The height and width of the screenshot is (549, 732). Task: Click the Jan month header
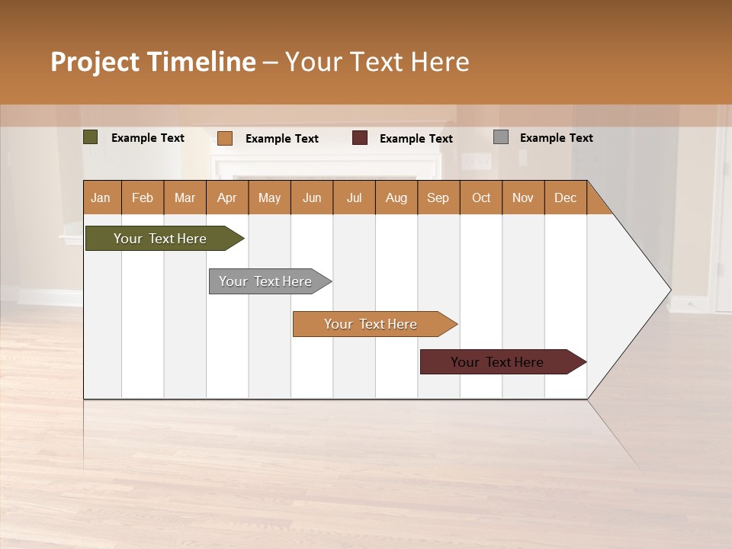pos(101,198)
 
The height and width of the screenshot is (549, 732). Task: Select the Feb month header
pos(143,198)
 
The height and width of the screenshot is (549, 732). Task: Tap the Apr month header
pos(227,198)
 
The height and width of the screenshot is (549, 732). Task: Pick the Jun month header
pos(312,198)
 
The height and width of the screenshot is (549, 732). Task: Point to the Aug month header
pos(396,198)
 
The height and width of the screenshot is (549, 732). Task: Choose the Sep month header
pos(438,198)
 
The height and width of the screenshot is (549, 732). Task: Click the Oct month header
pos(481,198)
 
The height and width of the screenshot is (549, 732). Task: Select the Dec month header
pos(566,198)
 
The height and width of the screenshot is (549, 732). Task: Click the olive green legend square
pos(91,137)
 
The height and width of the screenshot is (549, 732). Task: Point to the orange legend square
pos(225,138)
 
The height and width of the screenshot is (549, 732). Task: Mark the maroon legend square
pos(360,138)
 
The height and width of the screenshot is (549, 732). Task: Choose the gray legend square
pos(501,137)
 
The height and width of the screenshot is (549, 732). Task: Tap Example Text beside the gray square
pos(556,138)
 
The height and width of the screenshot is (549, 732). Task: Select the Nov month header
pos(523,198)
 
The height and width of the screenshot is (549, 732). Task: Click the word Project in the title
pos(94,62)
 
